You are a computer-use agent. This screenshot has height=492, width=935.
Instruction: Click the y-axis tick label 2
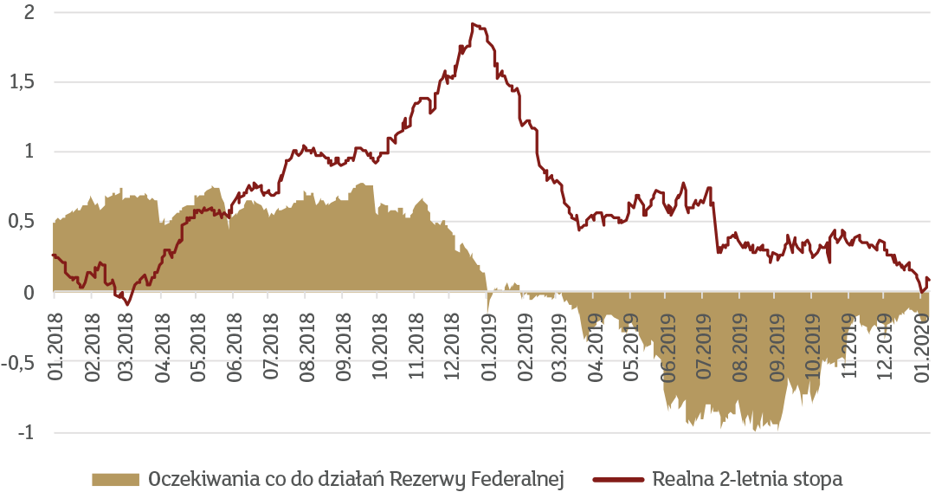[x=29, y=13]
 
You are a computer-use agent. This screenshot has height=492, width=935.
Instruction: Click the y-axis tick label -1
[x=26, y=432]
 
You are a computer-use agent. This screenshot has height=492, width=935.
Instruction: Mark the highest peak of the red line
[x=473, y=24]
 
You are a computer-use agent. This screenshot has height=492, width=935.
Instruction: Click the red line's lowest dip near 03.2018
[x=127, y=304]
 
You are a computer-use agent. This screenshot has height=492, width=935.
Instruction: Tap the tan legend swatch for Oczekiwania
[x=114, y=479]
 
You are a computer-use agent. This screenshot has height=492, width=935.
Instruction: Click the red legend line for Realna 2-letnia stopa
[x=619, y=479]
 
